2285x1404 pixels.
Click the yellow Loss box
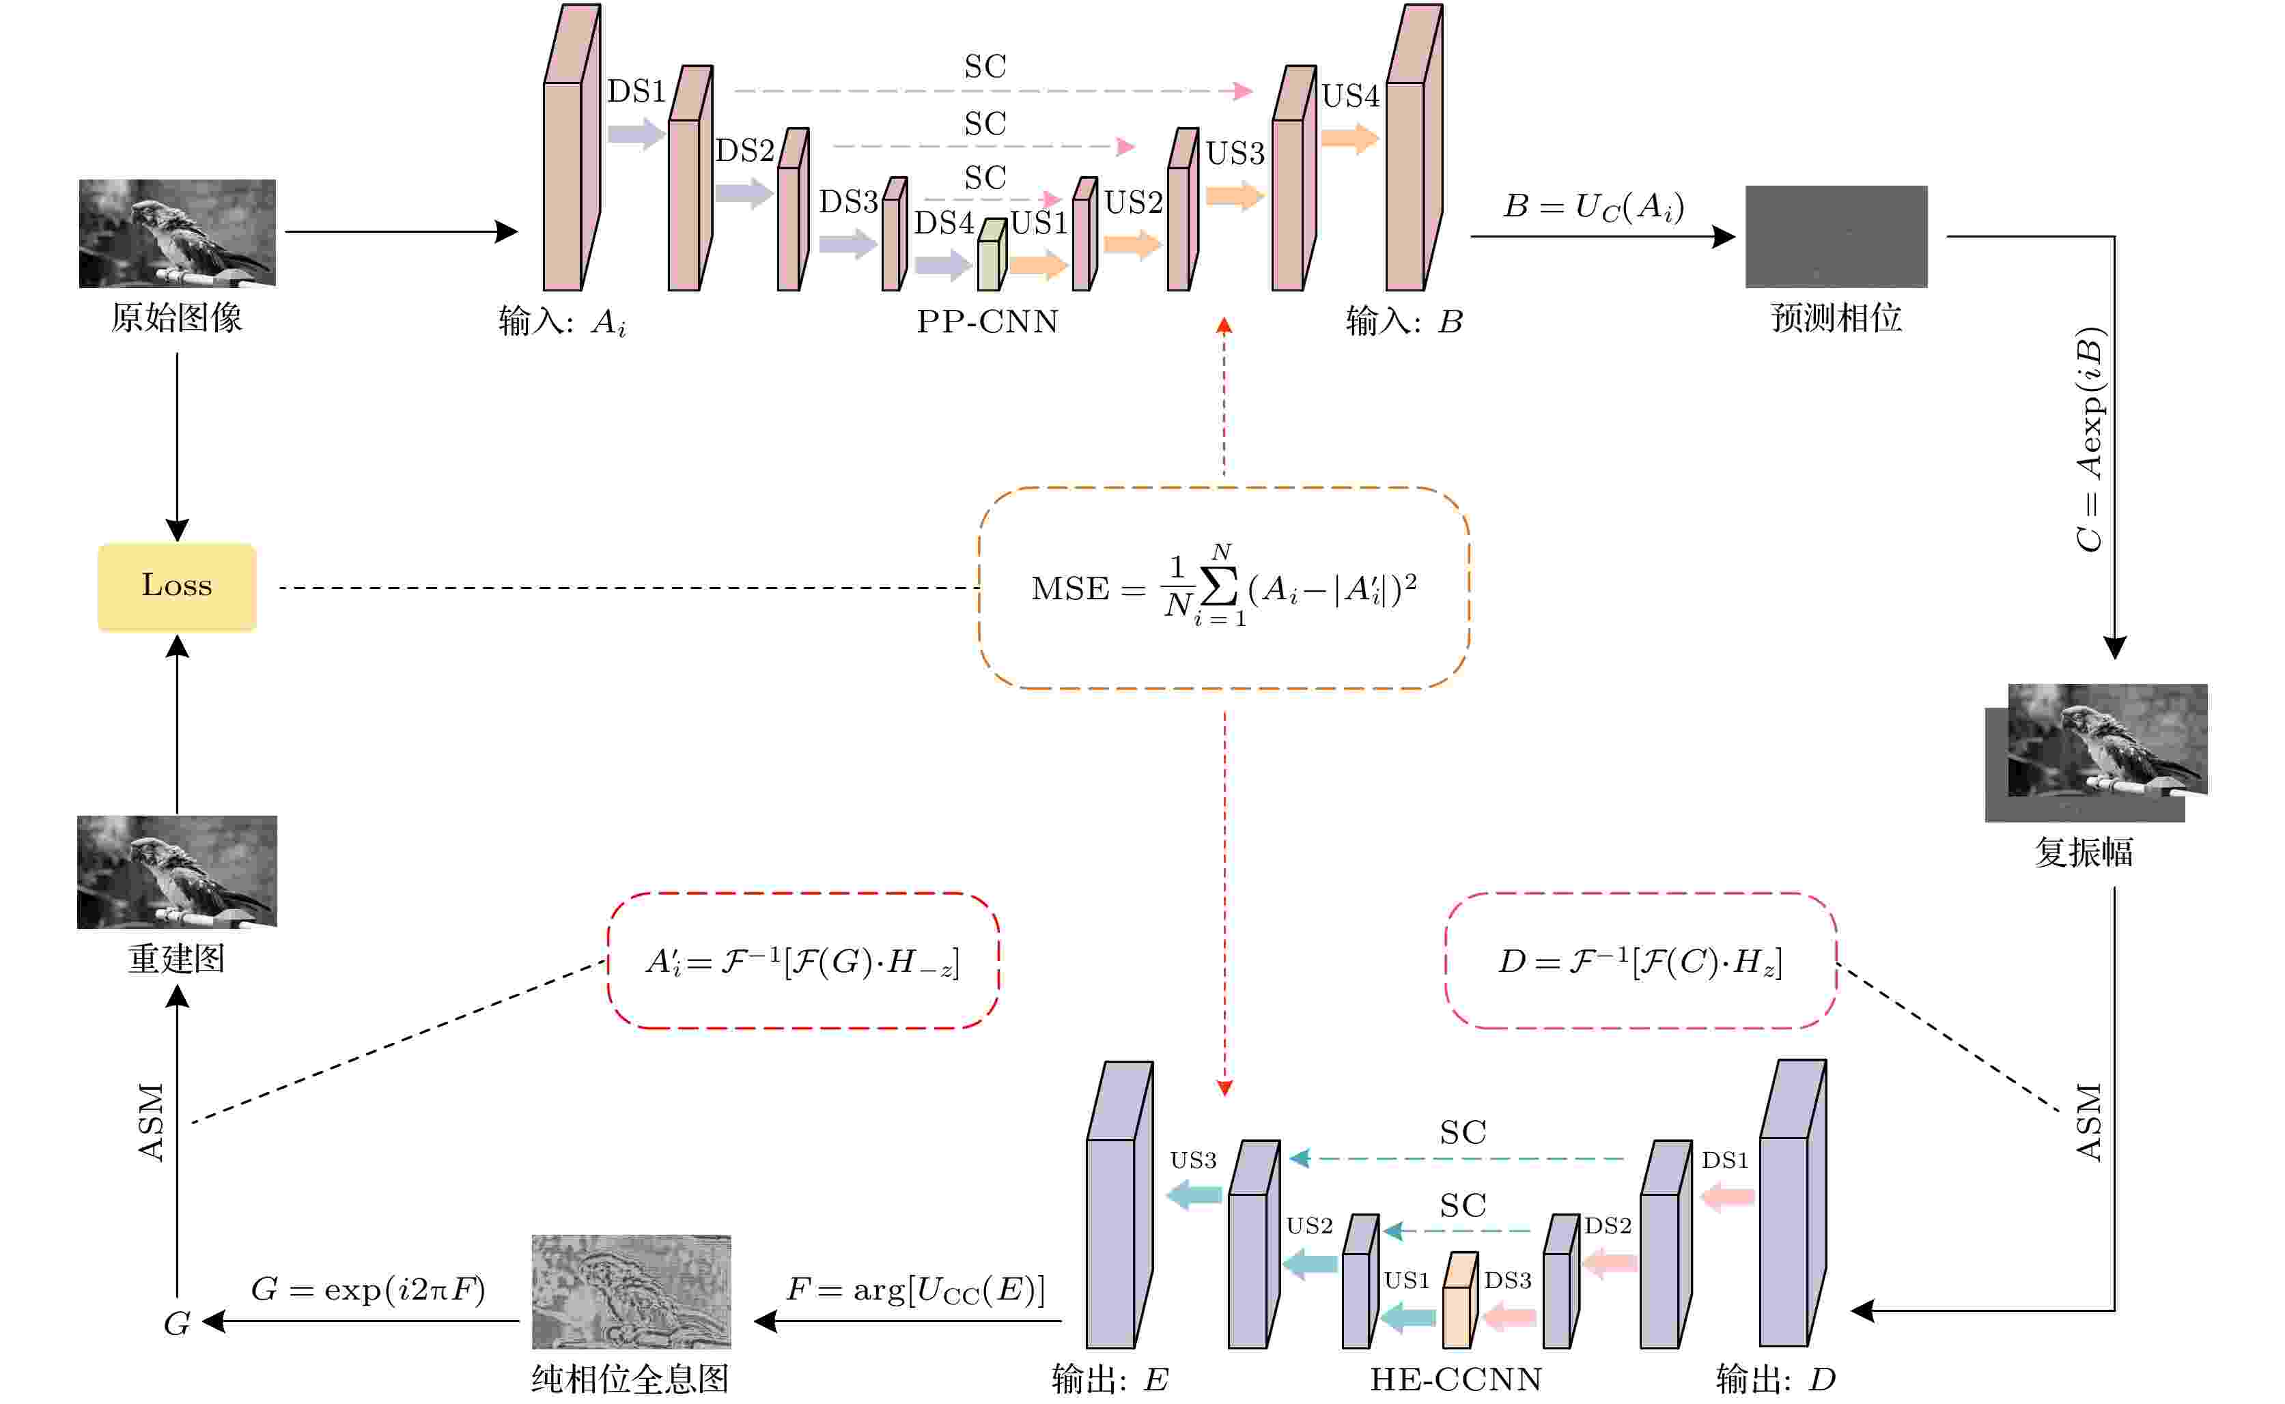[x=176, y=586]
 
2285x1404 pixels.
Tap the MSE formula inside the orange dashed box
[x=1223, y=588]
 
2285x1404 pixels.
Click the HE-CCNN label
[x=1455, y=1379]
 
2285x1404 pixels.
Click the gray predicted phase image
[x=1836, y=236]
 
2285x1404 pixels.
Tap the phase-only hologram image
[x=631, y=1291]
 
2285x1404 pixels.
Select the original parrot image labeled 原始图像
[x=176, y=233]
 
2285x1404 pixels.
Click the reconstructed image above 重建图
[x=176, y=871]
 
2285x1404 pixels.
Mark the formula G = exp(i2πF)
[x=368, y=1289]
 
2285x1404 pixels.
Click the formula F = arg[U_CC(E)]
[x=915, y=1289]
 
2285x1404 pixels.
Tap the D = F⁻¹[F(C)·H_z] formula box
[x=1640, y=961]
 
